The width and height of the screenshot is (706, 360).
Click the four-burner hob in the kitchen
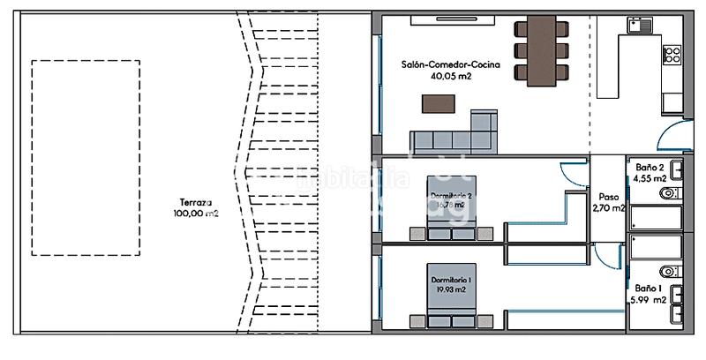click(x=672, y=56)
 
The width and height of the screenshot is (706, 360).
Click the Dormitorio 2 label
click(x=451, y=195)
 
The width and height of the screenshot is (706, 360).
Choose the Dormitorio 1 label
click(x=451, y=280)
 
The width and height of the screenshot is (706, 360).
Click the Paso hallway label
click(x=609, y=198)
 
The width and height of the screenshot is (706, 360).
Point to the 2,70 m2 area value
click(x=609, y=209)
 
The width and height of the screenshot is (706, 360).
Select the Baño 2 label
click(x=650, y=166)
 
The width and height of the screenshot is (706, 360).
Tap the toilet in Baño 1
click(x=670, y=271)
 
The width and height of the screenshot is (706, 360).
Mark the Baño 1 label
click(x=645, y=288)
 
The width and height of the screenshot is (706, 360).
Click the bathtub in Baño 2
click(x=654, y=219)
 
